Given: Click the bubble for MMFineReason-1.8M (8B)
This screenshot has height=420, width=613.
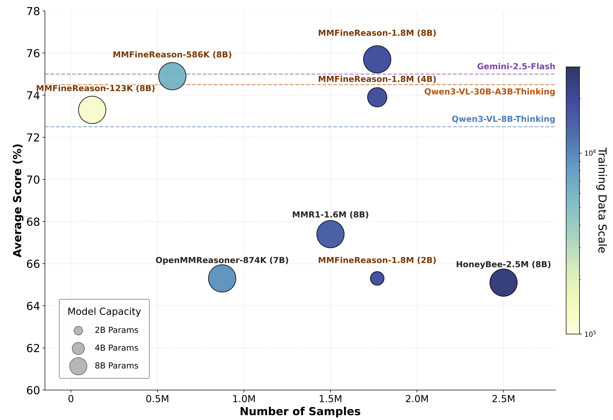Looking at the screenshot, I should (x=377, y=59).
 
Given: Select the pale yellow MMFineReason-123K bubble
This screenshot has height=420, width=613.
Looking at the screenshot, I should (x=92, y=110).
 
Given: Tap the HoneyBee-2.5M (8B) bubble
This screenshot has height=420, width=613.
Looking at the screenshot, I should (x=503, y=283).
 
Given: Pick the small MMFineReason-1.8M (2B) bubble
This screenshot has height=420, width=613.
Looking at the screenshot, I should (x=377, y=278).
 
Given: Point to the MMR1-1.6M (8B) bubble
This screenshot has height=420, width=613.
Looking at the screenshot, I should (x=330, y=234).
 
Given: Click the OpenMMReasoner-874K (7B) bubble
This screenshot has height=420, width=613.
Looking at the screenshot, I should (x=222, y=278).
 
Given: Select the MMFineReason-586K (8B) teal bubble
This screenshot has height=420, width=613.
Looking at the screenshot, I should (x=172, y=76).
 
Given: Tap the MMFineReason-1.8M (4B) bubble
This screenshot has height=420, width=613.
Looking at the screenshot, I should (x=377, y=97).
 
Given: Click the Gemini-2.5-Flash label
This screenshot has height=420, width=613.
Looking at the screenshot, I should (x=516, y=66).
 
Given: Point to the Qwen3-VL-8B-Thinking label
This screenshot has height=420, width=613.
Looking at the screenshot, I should (x=503, y=119).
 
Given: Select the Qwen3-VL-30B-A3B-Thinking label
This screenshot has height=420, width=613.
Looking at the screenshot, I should (x=489, y=92).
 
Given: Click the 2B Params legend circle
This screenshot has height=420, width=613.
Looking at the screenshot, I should (x=78, y=330).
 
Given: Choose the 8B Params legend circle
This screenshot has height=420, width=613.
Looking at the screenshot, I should (x=78, y=366).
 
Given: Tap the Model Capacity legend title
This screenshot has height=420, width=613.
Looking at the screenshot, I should (x=104, y=311).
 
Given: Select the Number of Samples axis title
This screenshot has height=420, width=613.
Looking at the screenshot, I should (x=300, y=412).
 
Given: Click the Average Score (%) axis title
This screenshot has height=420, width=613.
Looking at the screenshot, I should (x=18, y=200).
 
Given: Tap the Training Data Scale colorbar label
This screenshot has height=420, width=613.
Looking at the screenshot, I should (x=601, y=200).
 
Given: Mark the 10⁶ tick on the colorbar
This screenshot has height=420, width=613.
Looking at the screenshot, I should (x=590, y=153).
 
